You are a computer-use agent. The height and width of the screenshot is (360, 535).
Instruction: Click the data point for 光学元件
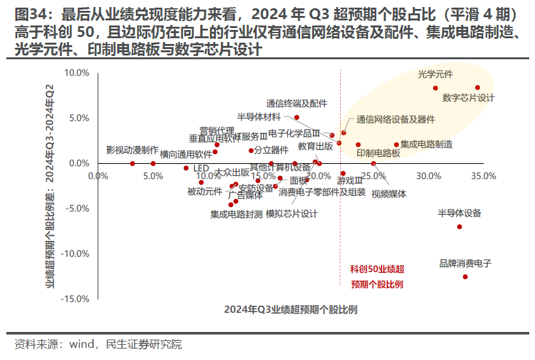point(436,88)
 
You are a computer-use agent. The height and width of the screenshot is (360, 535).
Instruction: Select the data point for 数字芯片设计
point(477,88)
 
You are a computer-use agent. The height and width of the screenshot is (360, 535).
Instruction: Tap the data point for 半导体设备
point(459,227)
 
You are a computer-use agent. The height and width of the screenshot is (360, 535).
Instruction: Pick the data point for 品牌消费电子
point(465,277)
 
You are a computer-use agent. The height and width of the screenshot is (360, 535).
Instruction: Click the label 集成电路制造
point(427,145)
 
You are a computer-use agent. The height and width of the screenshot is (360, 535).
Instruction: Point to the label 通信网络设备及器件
point(396,119)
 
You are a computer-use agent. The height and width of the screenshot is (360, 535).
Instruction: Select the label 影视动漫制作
point(132,150)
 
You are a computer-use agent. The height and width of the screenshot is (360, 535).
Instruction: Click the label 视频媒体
point(389,194)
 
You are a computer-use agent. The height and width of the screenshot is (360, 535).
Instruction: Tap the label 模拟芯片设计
point(292,214)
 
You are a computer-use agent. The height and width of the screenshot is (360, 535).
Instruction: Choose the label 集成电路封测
point(236,215)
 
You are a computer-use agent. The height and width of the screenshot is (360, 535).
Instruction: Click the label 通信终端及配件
point(297,103)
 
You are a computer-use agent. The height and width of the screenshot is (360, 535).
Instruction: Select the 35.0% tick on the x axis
point(483,175)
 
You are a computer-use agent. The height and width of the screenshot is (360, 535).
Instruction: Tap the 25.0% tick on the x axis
point(373,175)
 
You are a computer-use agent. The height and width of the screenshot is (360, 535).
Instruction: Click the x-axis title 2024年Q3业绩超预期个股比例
point(290,310)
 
